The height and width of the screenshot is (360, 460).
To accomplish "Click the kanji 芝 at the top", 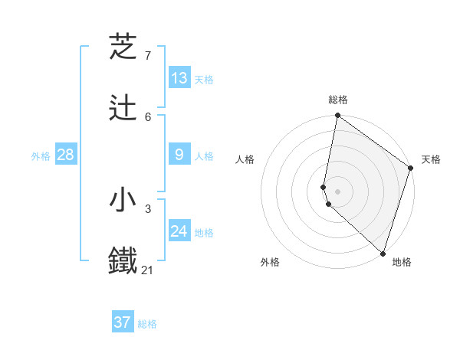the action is [x=123, y=47].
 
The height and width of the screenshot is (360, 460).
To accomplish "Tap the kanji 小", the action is [x=123, y=200].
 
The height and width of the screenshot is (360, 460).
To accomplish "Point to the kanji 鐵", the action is [x=123, y=261].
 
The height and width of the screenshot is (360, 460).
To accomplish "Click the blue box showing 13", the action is [x=179, y=78].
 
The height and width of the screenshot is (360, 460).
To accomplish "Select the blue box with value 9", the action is [x=179, y=155].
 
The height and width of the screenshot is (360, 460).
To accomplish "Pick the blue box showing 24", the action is [x=179, y=231].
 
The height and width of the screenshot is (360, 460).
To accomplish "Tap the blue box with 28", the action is [x=66, y=155].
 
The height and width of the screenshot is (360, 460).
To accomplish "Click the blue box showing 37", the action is [x=123, y=322].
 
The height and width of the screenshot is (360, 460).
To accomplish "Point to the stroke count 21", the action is [x=148, y=270].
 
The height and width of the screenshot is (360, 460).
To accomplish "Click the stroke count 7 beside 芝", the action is [x=148, y=56].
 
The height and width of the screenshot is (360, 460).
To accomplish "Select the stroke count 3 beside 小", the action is [x=148, y=208].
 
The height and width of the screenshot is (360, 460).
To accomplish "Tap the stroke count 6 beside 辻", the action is [x=148, y=116].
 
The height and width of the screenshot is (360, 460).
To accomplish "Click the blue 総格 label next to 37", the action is [x=147, y=324].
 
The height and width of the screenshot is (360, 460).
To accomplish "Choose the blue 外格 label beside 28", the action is [x=41, y=156].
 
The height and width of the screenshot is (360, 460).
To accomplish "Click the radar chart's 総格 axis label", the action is [x=338, y=100].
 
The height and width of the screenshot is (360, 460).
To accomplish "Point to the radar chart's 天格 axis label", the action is [x=431, y=159].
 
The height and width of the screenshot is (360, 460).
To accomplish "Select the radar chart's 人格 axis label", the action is [x=245, y=159].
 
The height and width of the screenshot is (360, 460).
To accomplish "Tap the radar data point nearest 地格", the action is [x=383, y=254].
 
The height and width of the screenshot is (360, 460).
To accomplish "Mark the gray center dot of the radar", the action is [x=338, y=191].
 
